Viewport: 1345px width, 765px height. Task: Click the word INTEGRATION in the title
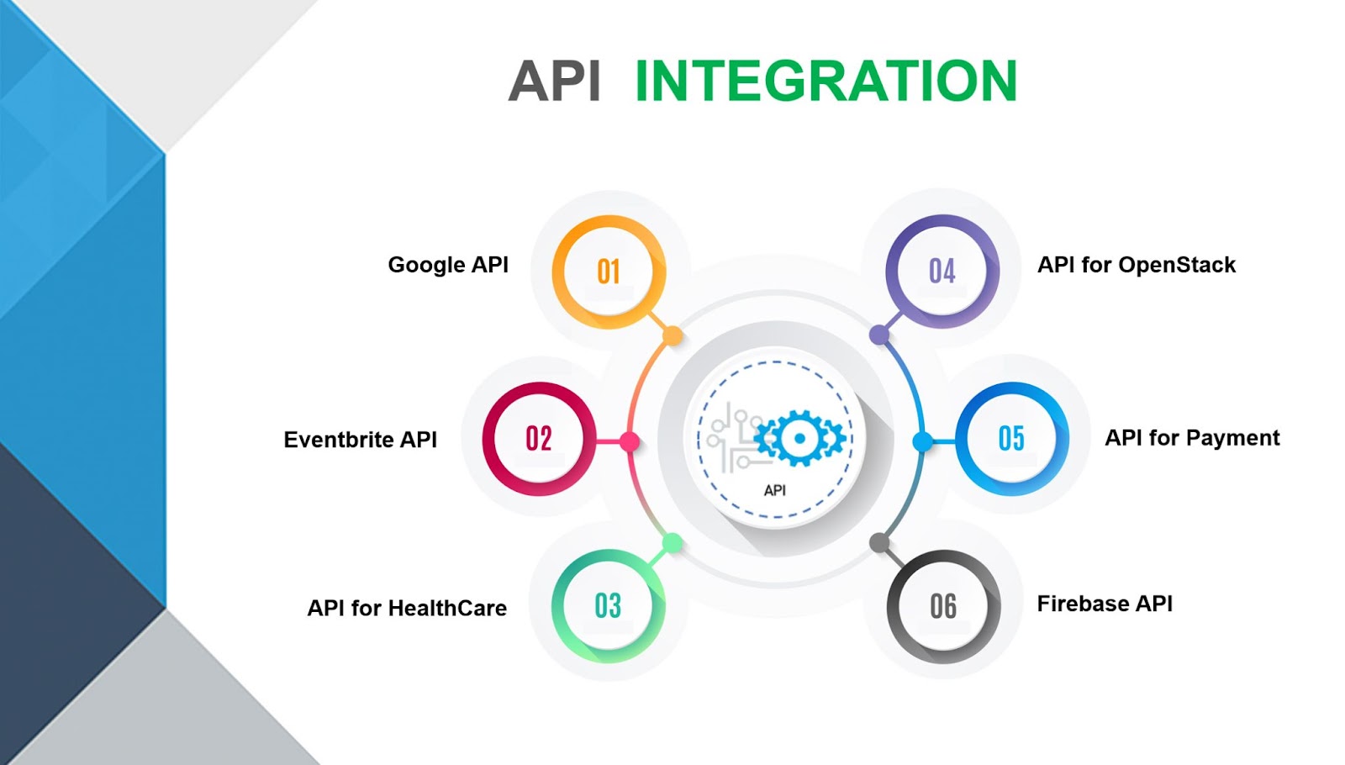pyautogui.click(x=825, y=82)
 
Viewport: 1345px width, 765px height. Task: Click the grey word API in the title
pyautogui.click(x=555, y=82)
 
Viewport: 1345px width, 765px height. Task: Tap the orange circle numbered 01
pyautogui.click(x=609, y=272)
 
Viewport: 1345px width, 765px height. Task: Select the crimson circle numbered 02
pyautogui.click(x=539, y=438)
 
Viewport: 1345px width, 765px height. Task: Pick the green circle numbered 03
pyautogui.click(x=608, y=605)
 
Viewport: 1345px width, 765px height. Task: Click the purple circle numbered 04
pyautogui.click(x=942, y=271)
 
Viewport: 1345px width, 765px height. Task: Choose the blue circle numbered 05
pyautogui.click(x=1012, y=438)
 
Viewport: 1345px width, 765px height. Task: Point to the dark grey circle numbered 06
pyautogui.click(x=943, y=606)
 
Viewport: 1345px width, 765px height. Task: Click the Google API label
pyautogui.click(x=448, y=265)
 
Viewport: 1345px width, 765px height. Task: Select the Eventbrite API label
pyautogui.click(x=360, y=440)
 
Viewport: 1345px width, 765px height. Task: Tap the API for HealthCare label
pyautogui.click(x=407, y=608)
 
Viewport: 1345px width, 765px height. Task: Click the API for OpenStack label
pyautogui.click(x=1137, y=265)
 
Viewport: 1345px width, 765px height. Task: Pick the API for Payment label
pyautogui.click(x=1192, y=438)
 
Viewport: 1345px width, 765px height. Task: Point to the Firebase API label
pyautogui.click(x=1105, y=604)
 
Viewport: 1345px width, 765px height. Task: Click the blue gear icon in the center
pyautogui.click(x=799, y=438)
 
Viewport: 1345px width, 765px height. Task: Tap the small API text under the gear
pyautogui.click(x=775, y=490)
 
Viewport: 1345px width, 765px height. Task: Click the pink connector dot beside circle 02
pyautogui.click(x=630, y=441)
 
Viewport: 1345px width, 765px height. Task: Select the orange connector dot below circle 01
pyautogui.click(x=672, y=336)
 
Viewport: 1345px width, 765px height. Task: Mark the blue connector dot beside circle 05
pyautogui.click(x=922, y=441)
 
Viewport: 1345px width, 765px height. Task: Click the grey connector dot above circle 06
pyautogui.click(x=879, y=543)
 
